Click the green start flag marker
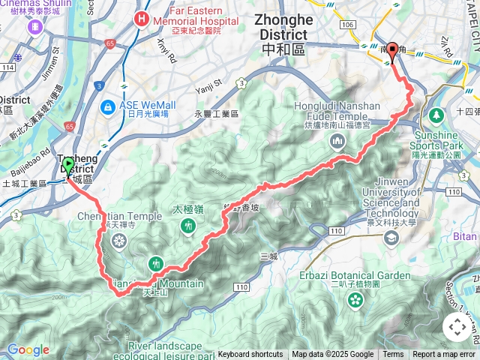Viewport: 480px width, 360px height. click(x=68, y=166)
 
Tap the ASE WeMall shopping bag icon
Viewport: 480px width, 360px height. click(x=108, y=106)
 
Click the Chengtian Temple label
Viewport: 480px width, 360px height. click(x=119, y=217)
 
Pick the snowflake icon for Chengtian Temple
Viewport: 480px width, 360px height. click(x=118, y=240)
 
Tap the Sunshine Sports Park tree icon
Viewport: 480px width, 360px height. click(x=436, y=115)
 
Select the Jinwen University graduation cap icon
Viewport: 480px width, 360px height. click(x=390, y=238)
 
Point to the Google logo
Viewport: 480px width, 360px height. click(x=28, y=349)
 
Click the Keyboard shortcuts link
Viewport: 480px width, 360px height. click(x=250, y=355)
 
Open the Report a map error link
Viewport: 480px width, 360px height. click(x=444, y=355)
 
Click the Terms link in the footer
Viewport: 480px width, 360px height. click(x=393, y=355)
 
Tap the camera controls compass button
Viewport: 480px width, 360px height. click(x=457, y=327)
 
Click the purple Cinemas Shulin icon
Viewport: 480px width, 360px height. click(x=34, y=26)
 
